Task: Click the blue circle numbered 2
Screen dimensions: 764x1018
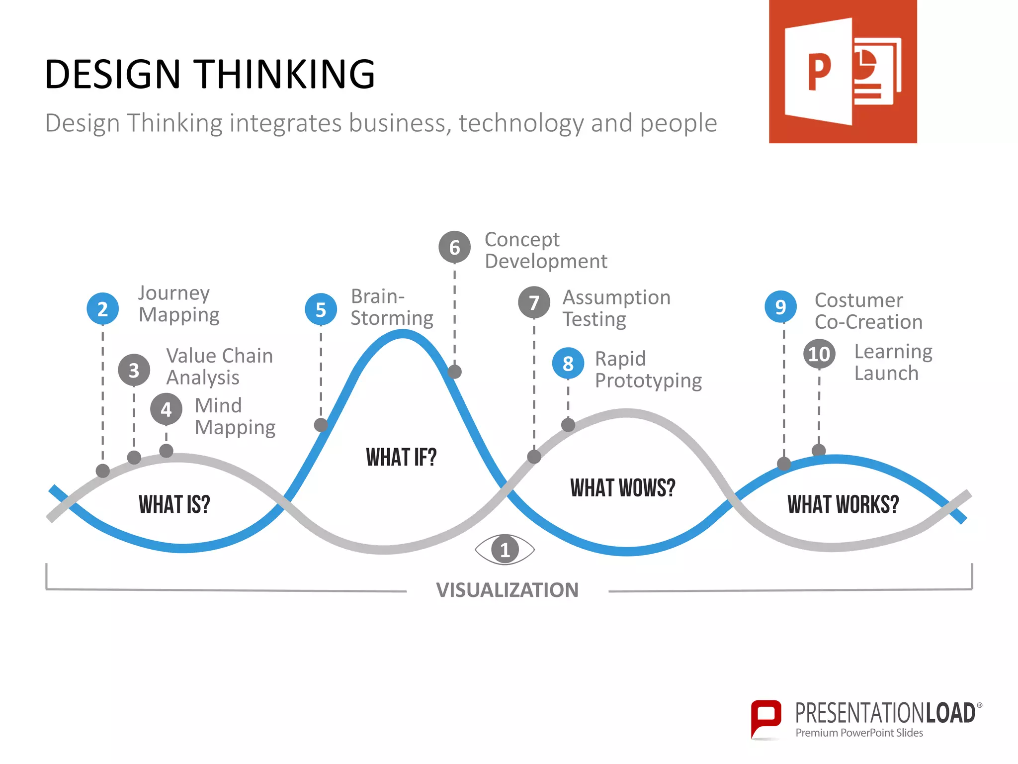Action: click(x=102, y=309)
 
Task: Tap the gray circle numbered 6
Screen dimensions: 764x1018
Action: click(x=454, y=247)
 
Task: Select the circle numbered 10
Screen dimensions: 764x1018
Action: click(x=819, y=354)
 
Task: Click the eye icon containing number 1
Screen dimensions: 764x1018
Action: click(x=505, y=550)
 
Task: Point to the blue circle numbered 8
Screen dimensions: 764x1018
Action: click(x=568, y=364)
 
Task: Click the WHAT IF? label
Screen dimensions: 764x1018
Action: click(x=401, y=457)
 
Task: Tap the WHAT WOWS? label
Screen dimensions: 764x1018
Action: click(x=623, y=488)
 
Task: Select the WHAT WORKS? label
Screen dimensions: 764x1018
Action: click(x=843, y=504)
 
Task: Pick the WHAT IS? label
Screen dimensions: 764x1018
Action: click(x=174, y=504)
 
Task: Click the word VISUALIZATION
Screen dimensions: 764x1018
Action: click(x=507, y=590)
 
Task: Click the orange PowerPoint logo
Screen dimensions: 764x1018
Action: click(x=843, y=72)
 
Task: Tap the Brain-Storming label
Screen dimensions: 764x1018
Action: click(x=392, y=307)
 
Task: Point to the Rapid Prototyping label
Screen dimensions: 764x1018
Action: click(x=648, y=370)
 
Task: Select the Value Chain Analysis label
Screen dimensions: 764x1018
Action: click(x=219, y=367)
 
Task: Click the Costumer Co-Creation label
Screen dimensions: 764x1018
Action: click(x=868, y=311)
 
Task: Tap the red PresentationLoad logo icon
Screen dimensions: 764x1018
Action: click(x=765, y=718)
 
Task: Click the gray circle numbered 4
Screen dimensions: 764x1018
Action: click(x=166, y=409)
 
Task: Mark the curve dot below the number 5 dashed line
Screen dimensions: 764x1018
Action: click(x=321, y=425)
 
